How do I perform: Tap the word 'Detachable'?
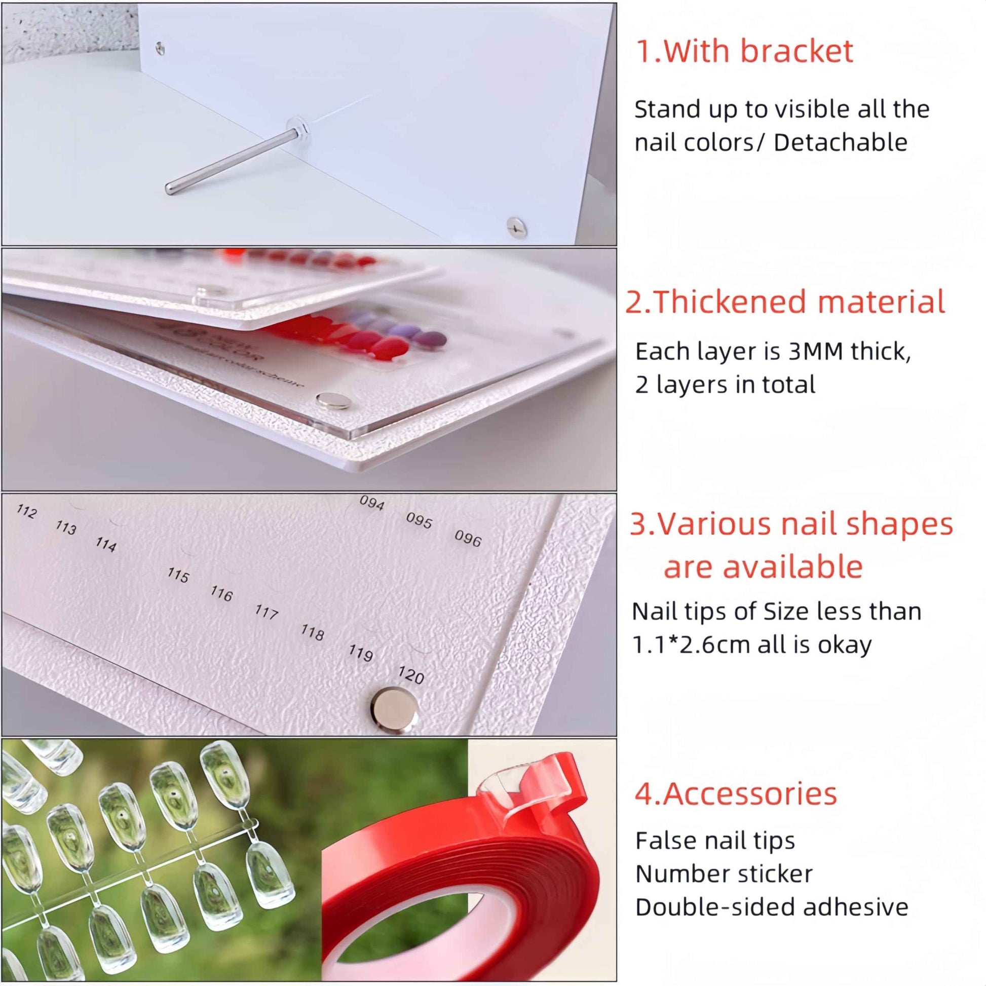pyautogui.click(x=840, y=142)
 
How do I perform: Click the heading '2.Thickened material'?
pyautogui.click(x=785, y=301)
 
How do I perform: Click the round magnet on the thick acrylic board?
pyautogui.click(x=333, y=401)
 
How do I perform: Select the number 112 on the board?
pyautogui.click(x=26, y=511)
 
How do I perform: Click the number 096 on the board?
pyautogui.click(x=468, y=539)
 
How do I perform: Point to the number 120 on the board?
pyautogui.click(x=411, y=675)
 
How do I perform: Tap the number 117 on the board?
pyautogui.click(x=267, y=611)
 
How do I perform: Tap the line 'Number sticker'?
pyautogui.click(x=723, y=874)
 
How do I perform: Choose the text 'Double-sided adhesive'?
pyautogui.click(x=771, y=907)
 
